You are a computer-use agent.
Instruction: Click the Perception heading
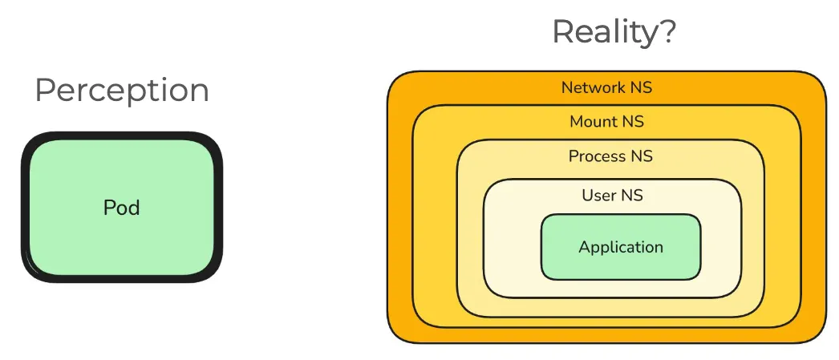pyautogui.click(x=122, y=91)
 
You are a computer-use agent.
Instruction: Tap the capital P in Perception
pyautogui.click(x=44, y=90)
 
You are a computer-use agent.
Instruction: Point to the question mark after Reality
pyautogui.click(x=667, y=31)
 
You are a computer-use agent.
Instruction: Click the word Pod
pyautogui.click(x=122, y=208)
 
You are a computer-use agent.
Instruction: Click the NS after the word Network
pyautogui.click(x=641, y=87)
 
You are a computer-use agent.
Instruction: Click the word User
pyautogui.click(x=598, y=195)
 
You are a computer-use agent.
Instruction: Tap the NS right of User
pyautogui.click(x=632, y=195)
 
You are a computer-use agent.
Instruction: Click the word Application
pyautogui.click(x=621, y=247)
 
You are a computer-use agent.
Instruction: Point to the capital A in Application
pyautogui.click(x=584, y=246)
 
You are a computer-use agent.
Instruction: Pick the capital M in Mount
pyautogui.click(x=576, y=122)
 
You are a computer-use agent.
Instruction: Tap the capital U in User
pyautogui.click(x=587, y=195)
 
